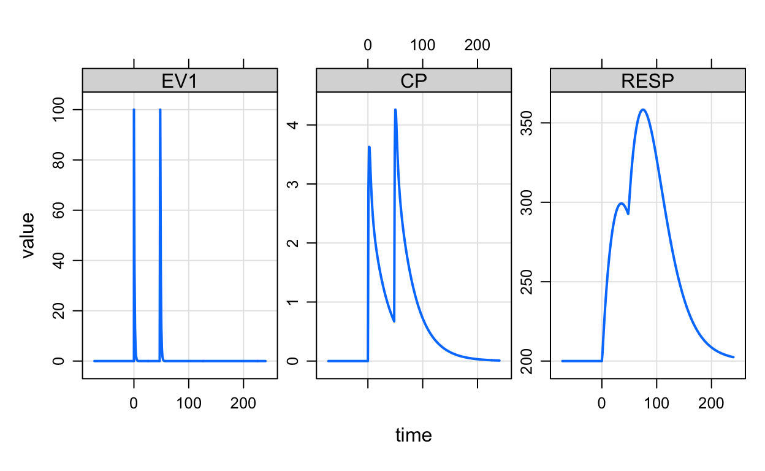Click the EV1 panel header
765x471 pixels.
pos(180,81)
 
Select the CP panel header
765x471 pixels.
pos(414,81)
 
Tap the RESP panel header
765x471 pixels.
pos(648,81)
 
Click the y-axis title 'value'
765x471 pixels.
pos(29,235)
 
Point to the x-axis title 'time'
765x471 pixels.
pos(414,435)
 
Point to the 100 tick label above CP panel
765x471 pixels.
pos(423,45)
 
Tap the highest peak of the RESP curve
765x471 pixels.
pos(642,110)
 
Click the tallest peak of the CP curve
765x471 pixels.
pos(395,110)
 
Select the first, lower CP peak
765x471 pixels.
pos(369,147)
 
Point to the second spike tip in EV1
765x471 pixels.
pos(160,110)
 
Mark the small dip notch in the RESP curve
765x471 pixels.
pos(628,213)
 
